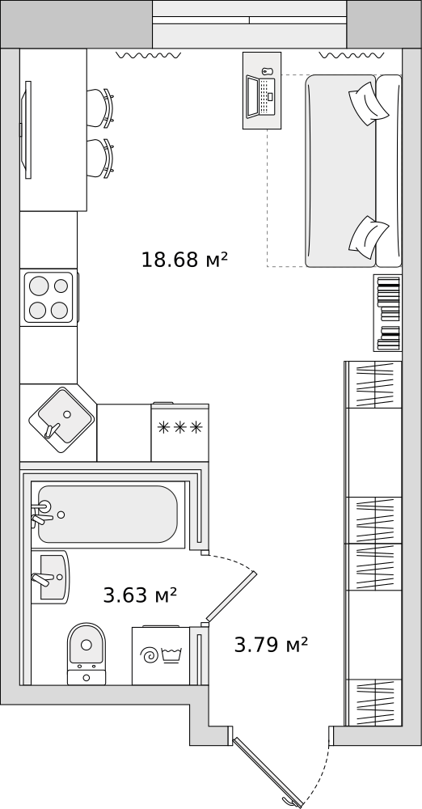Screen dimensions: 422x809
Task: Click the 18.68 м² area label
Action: coord(184,259)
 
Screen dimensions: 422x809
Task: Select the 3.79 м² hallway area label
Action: coord(271,645)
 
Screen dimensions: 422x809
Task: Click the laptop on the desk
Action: coord(260,96)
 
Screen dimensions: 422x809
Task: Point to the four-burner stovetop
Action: coord(49,298)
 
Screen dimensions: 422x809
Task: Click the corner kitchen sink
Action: coord(61,420)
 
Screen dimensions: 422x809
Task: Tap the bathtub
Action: coord(108,515)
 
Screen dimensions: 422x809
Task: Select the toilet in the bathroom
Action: coord(87,654)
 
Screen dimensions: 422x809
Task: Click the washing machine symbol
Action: coord(160,656)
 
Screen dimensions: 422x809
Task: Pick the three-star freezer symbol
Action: coord(179,427)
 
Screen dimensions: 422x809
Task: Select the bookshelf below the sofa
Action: coord(387,312)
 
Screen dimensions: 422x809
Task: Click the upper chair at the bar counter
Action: coord(100,108)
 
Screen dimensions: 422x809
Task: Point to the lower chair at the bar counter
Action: coord(100,159)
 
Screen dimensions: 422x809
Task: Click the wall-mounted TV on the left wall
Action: coord(27,129)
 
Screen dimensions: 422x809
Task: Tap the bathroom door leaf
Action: coord(231,596)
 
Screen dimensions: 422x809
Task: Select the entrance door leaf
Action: coord(268,773)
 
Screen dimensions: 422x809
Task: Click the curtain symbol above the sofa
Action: coord(352,55)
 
